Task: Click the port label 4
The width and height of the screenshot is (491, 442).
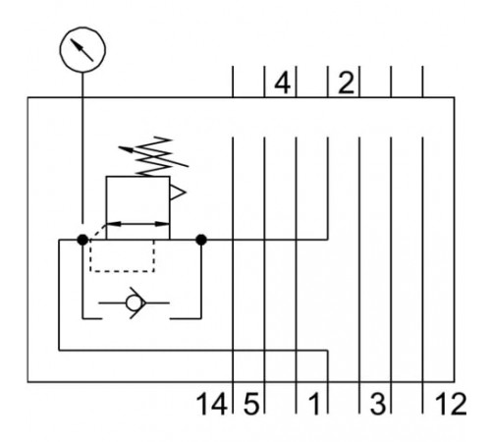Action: coord(282,83)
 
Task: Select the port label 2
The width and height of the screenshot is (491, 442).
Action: coord(346,83)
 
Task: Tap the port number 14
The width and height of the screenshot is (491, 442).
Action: coord(212,404)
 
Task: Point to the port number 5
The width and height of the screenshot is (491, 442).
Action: coord(251,404)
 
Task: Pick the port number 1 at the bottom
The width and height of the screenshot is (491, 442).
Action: coord(314,404)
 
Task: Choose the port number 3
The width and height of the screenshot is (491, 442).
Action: coord(378,404)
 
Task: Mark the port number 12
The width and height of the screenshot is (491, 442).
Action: coord(451,404)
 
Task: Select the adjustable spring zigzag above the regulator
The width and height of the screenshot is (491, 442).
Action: coord(155,156)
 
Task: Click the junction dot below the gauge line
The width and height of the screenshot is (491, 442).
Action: coord(82,240)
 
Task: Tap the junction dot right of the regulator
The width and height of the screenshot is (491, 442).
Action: coord(201,240)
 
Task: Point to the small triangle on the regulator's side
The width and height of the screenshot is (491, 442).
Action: coord(178,193)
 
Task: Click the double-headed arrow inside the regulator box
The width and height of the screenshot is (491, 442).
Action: coord(137,224)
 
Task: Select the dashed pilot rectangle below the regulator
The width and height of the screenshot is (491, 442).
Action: coord(122,271)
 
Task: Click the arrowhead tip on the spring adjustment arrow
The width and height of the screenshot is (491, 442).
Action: coord(119,147)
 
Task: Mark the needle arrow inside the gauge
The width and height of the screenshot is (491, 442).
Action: coord(82,50)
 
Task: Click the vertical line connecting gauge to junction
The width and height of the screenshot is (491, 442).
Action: coord(82,148)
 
